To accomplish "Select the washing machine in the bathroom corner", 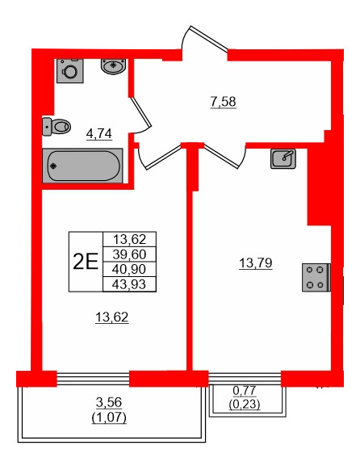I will pos(70,72).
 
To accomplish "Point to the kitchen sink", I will pos(283,158).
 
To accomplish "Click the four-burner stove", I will pos(316,277).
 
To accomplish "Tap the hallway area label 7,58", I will pos(222,102).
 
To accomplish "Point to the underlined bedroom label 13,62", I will pos(112,317).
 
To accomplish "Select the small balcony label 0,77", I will pos(245,392).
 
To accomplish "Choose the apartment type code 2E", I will pos(86,260).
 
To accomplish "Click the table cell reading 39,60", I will pos(129,253).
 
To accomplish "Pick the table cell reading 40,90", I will pos(129,267).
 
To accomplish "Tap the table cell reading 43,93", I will pos(129,282).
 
